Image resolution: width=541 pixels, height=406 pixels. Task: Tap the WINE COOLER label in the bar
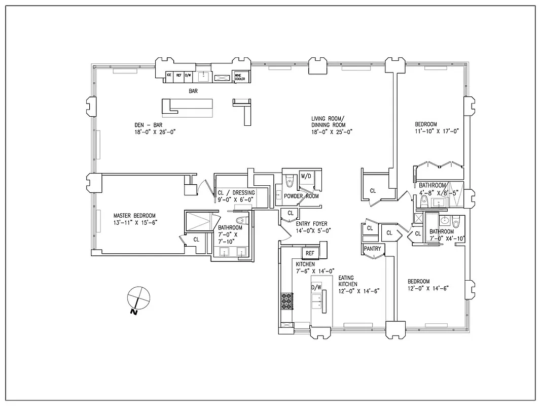coord(240,77)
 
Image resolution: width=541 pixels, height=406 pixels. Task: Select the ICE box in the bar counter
coord(169,75)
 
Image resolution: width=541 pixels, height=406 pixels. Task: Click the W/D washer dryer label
coord(306,176)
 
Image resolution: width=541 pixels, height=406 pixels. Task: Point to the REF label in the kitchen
coord(309,253)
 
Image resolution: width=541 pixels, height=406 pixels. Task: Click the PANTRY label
coord(373,249)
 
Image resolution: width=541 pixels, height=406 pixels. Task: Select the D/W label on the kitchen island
coord(316,288)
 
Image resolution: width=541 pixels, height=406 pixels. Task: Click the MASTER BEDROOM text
coord(134,215)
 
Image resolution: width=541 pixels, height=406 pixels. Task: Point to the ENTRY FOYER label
coord(312,224)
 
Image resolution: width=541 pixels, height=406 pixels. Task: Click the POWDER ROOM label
coord(301,196)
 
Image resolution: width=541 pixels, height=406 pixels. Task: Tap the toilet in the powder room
coord(290,180)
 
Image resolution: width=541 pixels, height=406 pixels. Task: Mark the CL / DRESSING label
coord(236,193)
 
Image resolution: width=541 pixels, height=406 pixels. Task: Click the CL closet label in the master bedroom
coord(196,239)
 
